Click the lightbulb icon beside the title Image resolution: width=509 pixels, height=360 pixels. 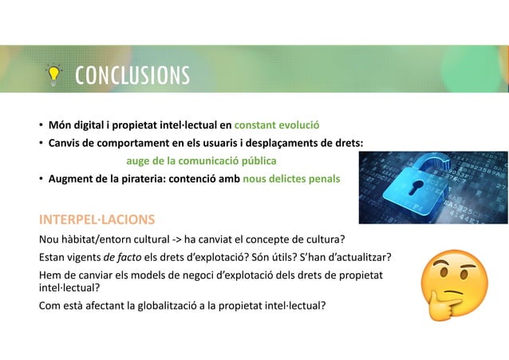coord(53,75)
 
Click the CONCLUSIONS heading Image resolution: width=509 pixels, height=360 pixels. coord(132,75)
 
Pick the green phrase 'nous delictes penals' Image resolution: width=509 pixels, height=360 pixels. coord(291,179)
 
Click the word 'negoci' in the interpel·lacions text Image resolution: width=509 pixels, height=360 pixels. coord(199,275)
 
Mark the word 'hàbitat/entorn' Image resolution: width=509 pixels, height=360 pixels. coord(95,238)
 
